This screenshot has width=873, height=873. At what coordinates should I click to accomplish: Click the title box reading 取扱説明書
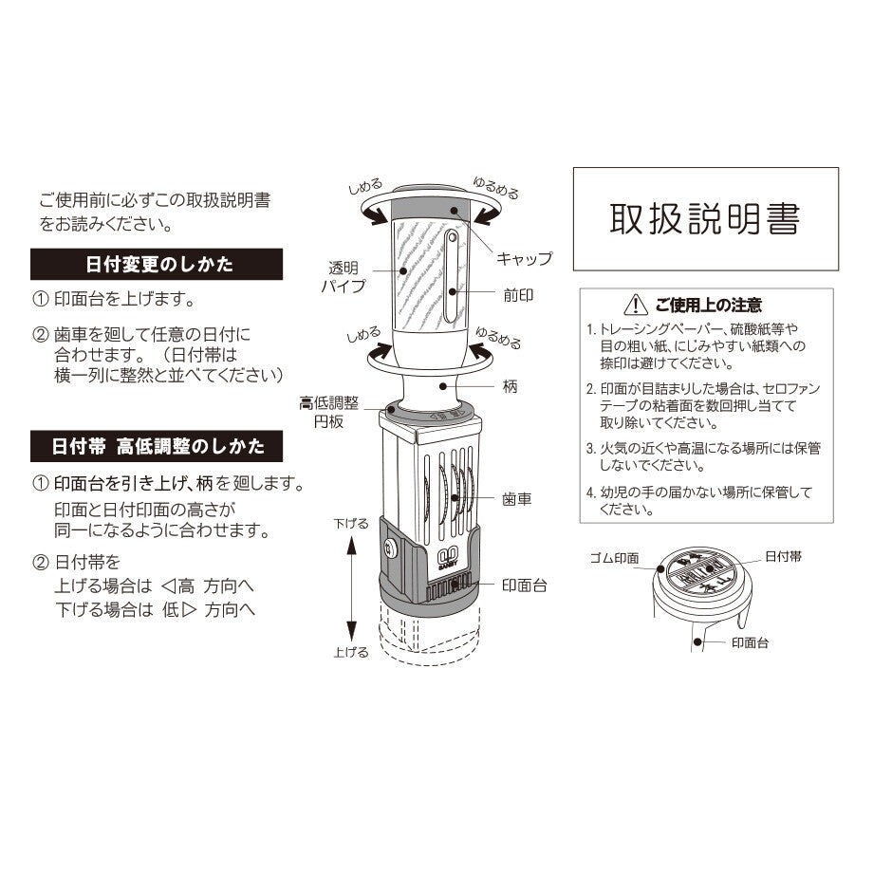[x=705, y=218]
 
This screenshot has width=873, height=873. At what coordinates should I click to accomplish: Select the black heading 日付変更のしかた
[x=158, y=264]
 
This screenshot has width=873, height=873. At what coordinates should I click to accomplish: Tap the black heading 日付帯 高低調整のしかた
[x=158, y=444]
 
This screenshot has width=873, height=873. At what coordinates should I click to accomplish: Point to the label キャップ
[x=524, y=258]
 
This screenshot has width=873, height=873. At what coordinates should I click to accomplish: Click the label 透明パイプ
[x=341, y=276]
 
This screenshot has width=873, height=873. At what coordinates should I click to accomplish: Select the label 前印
[x=518, y=295]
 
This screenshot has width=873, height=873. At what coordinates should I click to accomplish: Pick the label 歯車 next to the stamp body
[x=517, y=498]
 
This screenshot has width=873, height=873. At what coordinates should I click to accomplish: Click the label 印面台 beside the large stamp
[x=524, y=585]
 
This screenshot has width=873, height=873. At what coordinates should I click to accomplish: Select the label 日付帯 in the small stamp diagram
[x=783, y=556]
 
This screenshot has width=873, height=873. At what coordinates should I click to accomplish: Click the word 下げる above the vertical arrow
[x=350, y=523]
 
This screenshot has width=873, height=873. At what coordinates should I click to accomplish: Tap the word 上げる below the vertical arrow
[x=350, y=653]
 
